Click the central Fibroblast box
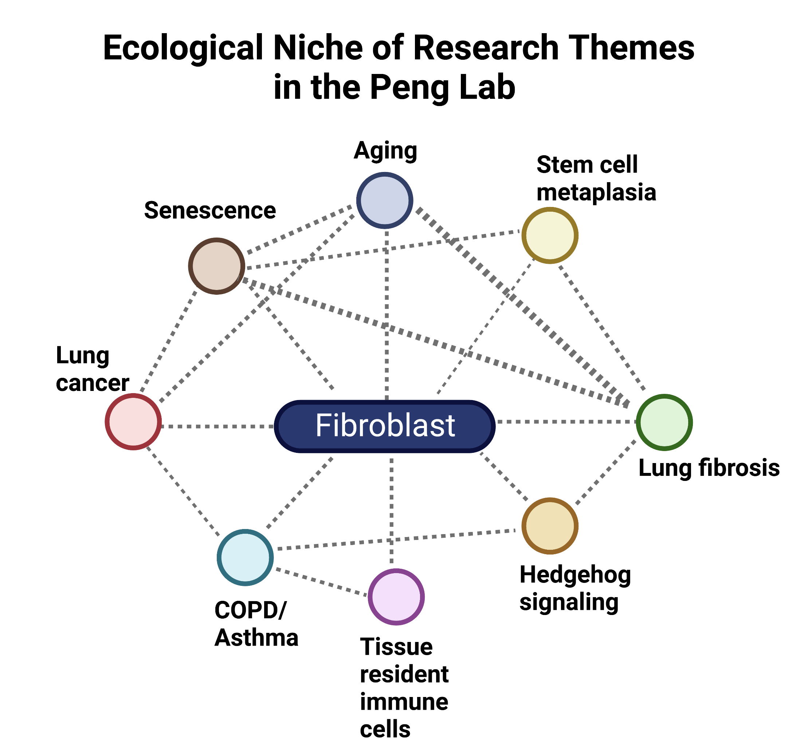point(385,426)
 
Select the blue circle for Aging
point(385,200)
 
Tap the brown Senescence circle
point(216,266)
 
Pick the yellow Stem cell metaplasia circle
point(550,235)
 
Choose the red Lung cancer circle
point(133,422)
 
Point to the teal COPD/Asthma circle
point(245,558)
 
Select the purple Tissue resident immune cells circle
point(396,597)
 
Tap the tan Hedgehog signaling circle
point(550,526)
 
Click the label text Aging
point(385,151)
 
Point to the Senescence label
point(210,211)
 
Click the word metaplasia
point(596,192)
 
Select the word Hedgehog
point(575,575)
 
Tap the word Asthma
point(256,638)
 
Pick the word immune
point(404,702)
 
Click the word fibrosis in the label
point(739,468)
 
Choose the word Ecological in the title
point(183,48)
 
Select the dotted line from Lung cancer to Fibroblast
point(217,426)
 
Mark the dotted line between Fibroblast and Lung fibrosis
point(565,422)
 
